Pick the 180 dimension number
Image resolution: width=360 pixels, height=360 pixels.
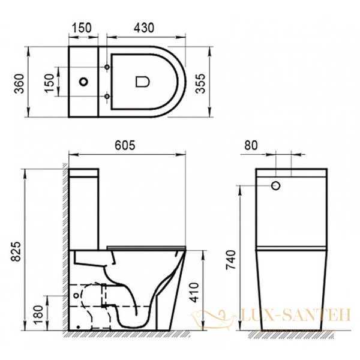coord(37,313)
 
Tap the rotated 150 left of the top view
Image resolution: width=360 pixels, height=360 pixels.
coord(52,80)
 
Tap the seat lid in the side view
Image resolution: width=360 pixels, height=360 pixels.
coord(147,247)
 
